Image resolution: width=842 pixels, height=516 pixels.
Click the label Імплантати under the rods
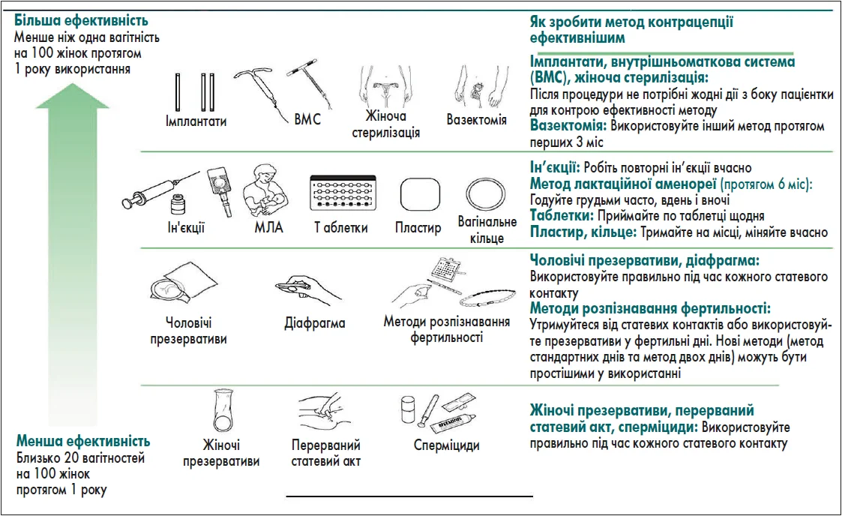[196, 121]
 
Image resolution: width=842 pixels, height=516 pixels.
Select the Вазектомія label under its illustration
[476, 120]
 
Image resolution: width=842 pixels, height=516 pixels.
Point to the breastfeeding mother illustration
[268, 192]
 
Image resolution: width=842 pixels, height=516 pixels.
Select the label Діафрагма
[315, 324]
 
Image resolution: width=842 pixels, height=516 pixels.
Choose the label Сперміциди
[446, 445]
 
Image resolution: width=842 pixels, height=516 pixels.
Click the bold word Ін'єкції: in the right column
[554, 168]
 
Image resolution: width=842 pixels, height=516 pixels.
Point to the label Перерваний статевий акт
[325, 453]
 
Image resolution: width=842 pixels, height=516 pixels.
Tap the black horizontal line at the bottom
[409, 496]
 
